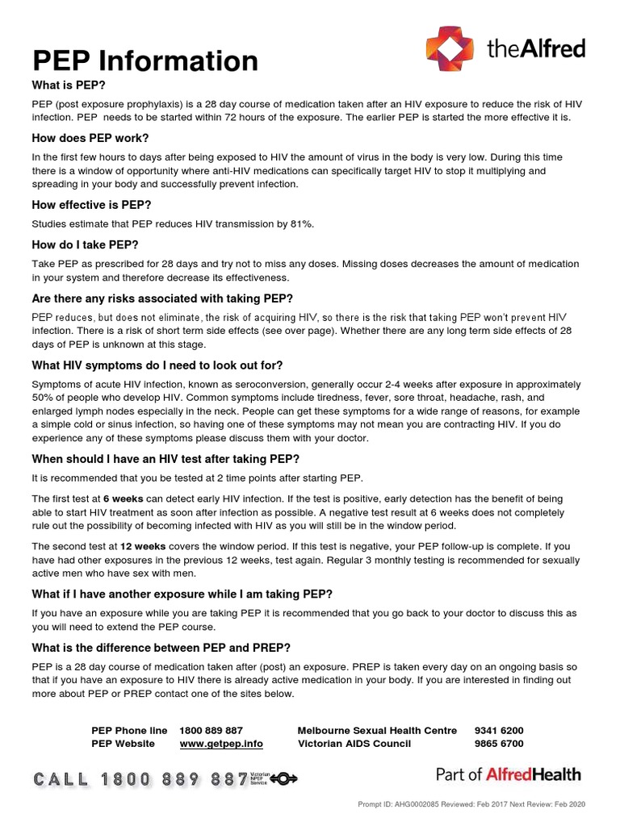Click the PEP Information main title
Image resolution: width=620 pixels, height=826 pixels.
pos(145,60)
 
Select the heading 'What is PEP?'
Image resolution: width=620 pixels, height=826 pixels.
pos(69,85)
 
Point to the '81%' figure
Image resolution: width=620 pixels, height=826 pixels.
pos(300,223)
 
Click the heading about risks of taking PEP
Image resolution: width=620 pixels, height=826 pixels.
pos(162,298)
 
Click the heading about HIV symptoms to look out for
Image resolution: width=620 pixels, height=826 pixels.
pos(157,365)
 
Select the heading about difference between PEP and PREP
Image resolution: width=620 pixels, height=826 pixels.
pos(161,647)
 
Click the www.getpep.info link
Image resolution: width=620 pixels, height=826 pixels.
pos(221,743)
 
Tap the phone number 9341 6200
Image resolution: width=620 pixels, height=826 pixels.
pos(499,730)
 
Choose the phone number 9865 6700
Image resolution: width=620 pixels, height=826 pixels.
pos(499,743)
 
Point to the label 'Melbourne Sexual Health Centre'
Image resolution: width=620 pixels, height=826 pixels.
pos(377,730)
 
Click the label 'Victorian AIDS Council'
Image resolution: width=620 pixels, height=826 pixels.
pos(354,743)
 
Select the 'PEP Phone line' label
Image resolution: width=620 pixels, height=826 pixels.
pos(129,730)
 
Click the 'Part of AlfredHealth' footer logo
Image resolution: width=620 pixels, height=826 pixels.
pos(508,774)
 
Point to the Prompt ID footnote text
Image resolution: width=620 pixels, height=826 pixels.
pos(471,804)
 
